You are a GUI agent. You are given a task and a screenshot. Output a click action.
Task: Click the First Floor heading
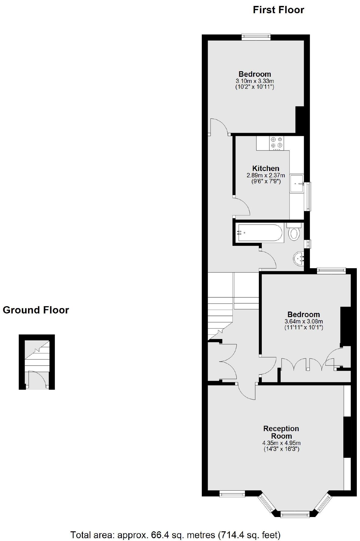click(x=278, y=10)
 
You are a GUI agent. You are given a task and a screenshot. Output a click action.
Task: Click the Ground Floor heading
click(x=36, y=310)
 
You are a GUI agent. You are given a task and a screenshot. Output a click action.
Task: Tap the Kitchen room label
click(x=266, y=168)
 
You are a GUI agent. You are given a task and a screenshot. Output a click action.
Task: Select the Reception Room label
click(x=281, y=432)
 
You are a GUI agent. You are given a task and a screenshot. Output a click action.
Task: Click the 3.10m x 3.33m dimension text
click(x=255, y=81)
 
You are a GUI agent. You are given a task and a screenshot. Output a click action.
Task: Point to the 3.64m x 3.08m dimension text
click(x=303, y=321)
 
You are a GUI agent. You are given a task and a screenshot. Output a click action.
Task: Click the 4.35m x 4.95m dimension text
click(x=281, y=443)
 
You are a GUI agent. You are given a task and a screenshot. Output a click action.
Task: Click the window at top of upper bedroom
click(x=256, y=37)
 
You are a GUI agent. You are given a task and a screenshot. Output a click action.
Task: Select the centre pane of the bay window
click(x=295, y=515)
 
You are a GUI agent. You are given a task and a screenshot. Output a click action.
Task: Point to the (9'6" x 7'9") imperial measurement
click(x=266, y=182)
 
